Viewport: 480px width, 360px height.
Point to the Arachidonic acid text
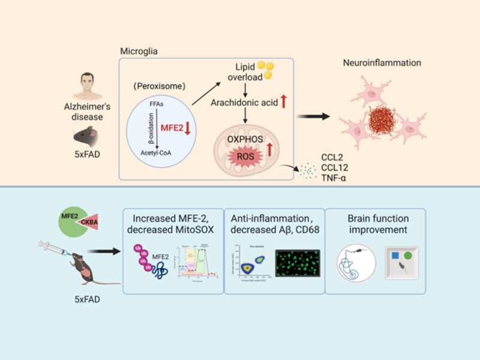click(x=242, y=102)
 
